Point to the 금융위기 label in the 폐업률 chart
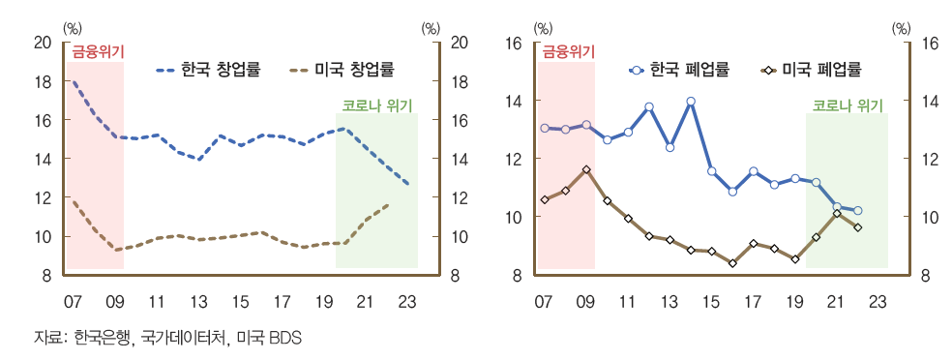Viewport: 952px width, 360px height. (x=567, y=51)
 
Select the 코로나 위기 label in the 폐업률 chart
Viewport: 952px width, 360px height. (x=848, y=105)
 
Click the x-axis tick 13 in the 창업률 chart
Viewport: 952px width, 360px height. (x=198, y=301)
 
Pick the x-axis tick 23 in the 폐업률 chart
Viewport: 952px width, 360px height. (x=878, y=301)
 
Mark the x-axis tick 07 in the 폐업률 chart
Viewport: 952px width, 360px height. (x=545, y=301)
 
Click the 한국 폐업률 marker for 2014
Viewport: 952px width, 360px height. (x=691, y=101)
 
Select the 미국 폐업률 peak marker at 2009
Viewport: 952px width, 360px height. (x=586, y=169)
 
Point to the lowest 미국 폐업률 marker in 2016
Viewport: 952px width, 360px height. (x=732, y=263)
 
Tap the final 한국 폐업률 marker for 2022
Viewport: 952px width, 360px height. (x=858, y=211)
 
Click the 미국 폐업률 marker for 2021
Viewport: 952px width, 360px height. (x=837, y=213)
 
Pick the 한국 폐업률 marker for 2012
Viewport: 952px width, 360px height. (x=649, y=106)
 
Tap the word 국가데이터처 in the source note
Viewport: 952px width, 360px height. (x=174, y=338)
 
